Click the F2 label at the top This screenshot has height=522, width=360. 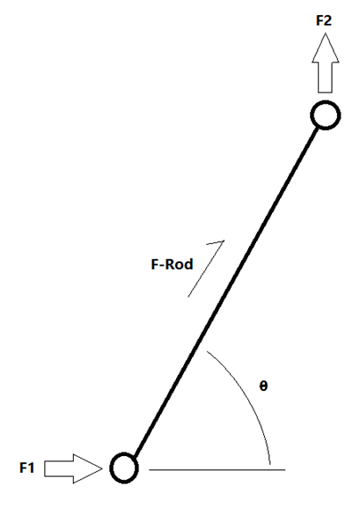324,20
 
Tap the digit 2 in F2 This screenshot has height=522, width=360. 327,20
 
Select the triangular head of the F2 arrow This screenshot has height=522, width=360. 326,48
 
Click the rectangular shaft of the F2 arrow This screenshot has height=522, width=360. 325,77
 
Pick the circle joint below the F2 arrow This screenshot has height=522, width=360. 326,114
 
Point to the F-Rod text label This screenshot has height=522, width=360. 172,264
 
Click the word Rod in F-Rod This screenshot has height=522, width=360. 180,264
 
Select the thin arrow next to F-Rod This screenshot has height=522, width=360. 206,268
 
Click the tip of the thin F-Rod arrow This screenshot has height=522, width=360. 224,240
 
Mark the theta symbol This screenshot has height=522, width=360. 263,386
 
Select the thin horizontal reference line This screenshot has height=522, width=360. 217,470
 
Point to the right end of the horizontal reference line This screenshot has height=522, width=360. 285,470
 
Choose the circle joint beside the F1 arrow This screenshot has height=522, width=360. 124,467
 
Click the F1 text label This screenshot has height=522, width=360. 26,467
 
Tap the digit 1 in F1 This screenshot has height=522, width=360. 31,467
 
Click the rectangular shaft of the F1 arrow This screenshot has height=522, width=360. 59,468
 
